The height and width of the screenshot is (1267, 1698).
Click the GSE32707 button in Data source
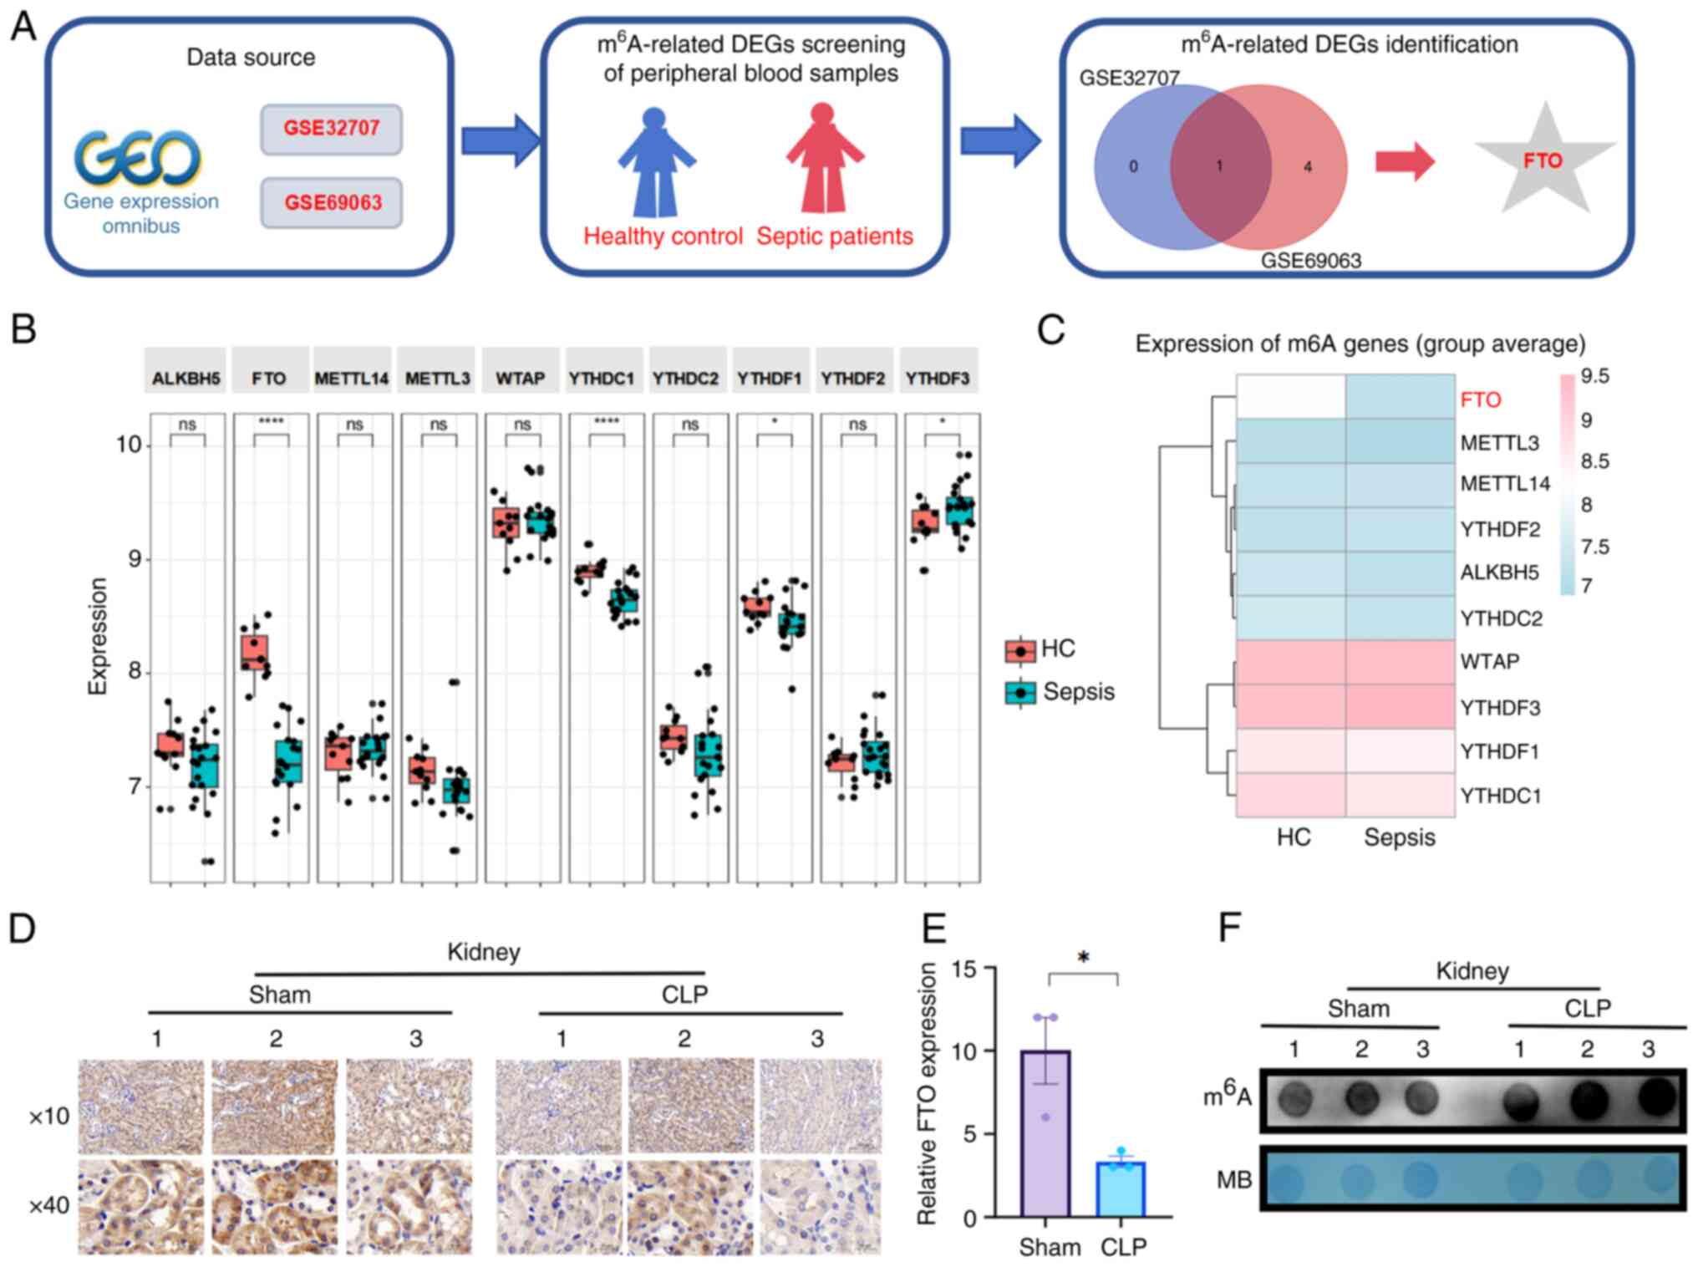[331, 129]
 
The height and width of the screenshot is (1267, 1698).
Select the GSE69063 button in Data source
[332, 202]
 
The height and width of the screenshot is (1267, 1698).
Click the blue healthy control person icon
[656, 163]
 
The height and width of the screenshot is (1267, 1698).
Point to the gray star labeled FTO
[1543, 160]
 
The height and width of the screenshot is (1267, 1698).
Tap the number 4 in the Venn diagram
[1308, 167]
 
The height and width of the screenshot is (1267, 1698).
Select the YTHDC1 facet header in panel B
[602, 378]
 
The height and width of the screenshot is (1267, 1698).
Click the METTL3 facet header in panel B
[438, 378]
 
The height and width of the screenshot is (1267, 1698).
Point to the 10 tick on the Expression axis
[129, 445]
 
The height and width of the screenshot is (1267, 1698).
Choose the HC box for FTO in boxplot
[255, 652]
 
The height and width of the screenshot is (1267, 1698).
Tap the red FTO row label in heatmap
[1481, 399]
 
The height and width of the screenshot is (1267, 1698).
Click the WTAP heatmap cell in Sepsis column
[1400, 662]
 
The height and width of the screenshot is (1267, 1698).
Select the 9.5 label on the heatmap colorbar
[1594, 376]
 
